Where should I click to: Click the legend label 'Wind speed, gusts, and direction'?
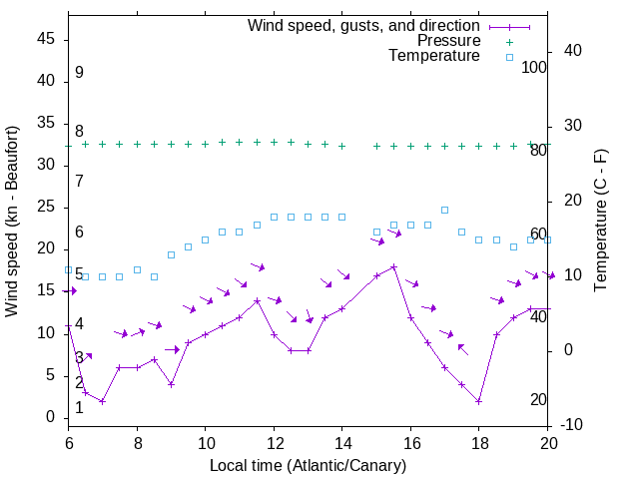point(363,25)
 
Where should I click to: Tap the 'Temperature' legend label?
point(434,57)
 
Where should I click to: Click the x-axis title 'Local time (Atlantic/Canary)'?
point(309,466)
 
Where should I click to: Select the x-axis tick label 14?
point(341,442)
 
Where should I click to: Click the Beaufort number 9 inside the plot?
point(79,73)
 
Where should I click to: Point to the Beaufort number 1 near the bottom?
point(79,408)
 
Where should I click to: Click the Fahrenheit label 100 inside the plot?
point(534,68)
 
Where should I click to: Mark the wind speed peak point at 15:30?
point(393,266)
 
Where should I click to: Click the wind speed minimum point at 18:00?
point(479,401)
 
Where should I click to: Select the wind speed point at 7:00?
point(102,401)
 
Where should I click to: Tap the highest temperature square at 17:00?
point(444,211)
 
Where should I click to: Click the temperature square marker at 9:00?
point(171,254)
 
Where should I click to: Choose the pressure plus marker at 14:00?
point(341,146)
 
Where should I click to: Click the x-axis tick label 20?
point(547,442)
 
